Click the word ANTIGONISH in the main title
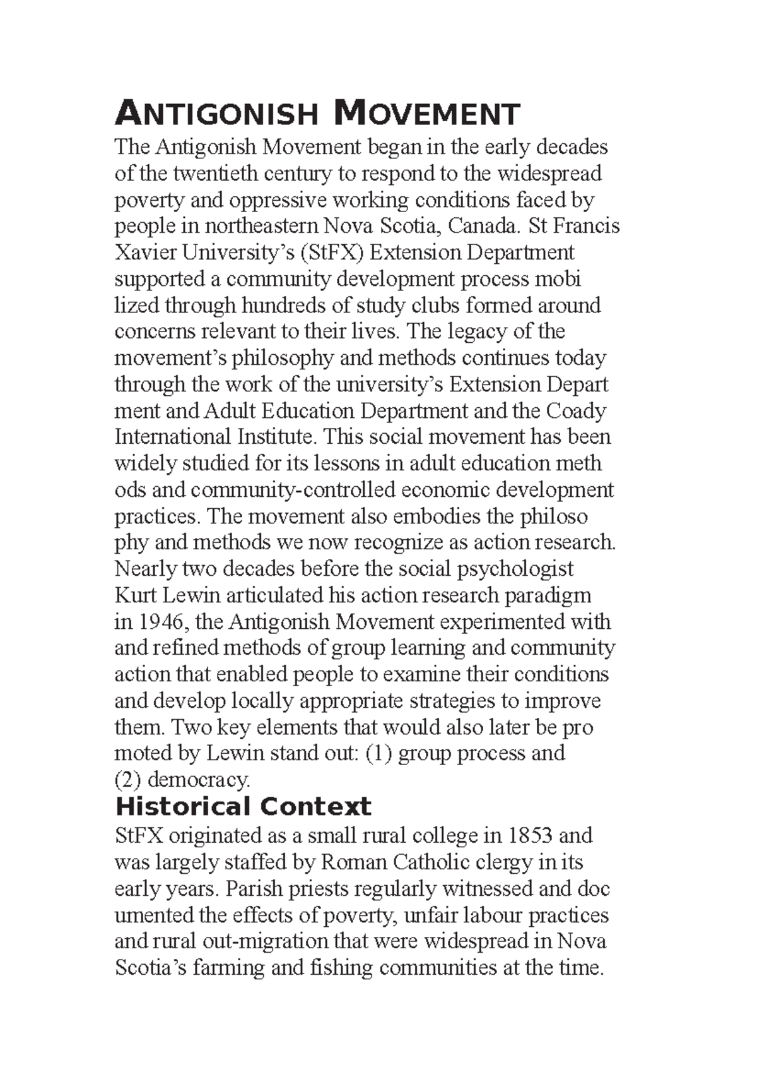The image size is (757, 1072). [x=216, y=115]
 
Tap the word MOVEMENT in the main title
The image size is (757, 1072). [x=427, y=115]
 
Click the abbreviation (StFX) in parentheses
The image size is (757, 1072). [x=332, y=253]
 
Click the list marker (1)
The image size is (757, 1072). [x=379, y=754]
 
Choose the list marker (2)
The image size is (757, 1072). [x=127, y=780]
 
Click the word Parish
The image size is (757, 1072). [x=254, y=889]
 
